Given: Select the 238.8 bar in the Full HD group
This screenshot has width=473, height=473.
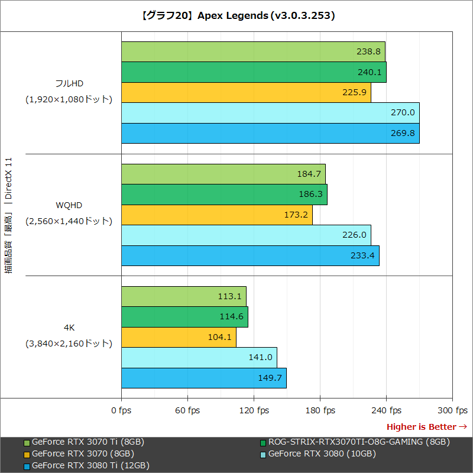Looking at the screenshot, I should pos(253,51).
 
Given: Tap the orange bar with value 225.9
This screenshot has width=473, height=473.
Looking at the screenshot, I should pos(246,92).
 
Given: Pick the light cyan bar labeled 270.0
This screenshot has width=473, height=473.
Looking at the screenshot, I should pos(270,112).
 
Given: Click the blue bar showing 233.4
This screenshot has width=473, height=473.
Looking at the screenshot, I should pos(250,256).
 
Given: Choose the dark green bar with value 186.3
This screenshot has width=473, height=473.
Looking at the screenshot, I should pos(224,195).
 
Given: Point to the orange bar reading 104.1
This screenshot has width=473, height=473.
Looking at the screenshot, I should pos(179,338).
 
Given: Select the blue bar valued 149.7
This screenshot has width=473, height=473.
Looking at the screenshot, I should pos(203,378).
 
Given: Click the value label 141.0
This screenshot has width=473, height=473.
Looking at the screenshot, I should pos(260,358).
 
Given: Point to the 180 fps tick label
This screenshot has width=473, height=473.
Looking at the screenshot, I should pos(320,410).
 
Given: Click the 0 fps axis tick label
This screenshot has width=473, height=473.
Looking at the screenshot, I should pos(122,410).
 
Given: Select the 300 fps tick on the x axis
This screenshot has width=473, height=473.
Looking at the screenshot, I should pos(453,410).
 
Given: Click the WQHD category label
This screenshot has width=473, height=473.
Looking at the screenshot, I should pos(69,205).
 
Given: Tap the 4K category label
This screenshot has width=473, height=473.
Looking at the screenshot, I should pos(69,327).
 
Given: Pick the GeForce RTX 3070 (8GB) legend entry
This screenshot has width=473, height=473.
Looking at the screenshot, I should pos(83,454).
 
